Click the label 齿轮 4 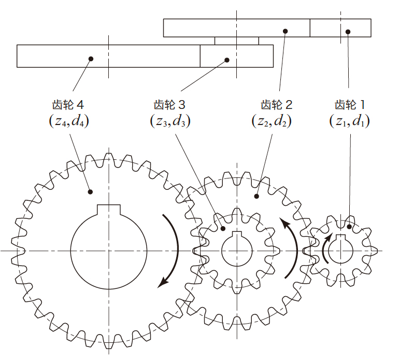pos(68,105)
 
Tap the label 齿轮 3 pos(169,105)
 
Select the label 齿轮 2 pos(277,105)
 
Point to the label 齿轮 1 pos(350,105)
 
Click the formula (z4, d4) pos(69,121)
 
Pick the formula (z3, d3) pos(170,121)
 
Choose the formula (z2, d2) pos(272,121)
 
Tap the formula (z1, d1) pos(349,121)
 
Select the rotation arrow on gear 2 pos(296,245)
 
